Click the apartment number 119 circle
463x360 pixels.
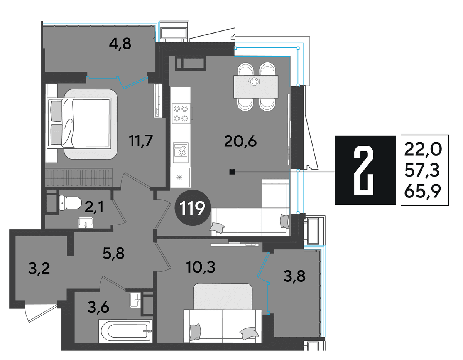pyautogui.click(x=193, y=208)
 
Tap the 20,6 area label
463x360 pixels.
pyautogui.click(x=240, y=141)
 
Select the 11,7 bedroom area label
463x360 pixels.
pyautogui.click(x=141, y=140)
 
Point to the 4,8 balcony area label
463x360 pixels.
pyautogui.click(x=120, y=44)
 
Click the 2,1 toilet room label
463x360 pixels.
pyautogui.click(x=94, y=207)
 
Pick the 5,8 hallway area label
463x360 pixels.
pyautogui.click(x=113, y=254)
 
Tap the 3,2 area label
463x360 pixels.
pyautogui.click(x=39, y=269)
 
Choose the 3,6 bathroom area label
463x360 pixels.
pyautogui.click(x=98, y=307)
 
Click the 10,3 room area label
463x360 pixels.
pyautogui.click(x=201, y=267)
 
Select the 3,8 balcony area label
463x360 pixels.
pyautogui.click(x=294, y=276)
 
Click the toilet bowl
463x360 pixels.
pyautogui.click(x=70, y=203)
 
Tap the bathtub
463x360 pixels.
pyautogui.click(x=125, y=331)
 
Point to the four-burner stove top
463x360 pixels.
pyautogui.click(x=181, y=114)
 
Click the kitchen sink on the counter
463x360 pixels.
pyautogui.click(x=181, y=150)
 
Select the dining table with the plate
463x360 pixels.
pyautogui.click(x=256, y=87)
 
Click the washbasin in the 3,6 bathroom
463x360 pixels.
pyautogui.click(x=135, y=300)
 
